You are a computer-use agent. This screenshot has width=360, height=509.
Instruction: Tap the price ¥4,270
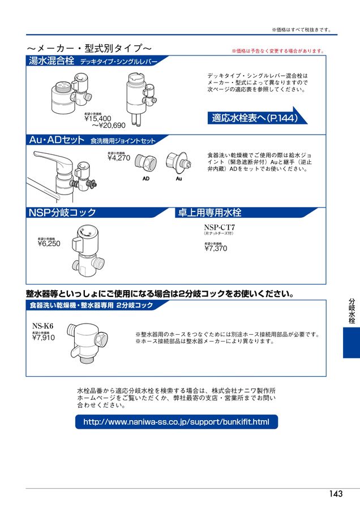(118, 158)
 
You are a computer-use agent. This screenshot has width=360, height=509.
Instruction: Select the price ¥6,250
(49, 244)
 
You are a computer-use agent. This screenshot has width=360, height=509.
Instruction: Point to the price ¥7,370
(216, 248)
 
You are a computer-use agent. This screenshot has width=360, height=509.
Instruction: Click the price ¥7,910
(44, 338)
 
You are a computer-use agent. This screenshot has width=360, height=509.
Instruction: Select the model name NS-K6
(42, 325)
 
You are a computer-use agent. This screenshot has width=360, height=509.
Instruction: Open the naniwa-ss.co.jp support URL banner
(176, 422)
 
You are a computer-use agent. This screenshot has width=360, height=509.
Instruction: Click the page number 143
(336, 494)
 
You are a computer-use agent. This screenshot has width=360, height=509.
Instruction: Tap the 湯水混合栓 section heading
(52, 61)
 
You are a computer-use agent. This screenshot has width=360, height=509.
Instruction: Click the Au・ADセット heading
(57, 140)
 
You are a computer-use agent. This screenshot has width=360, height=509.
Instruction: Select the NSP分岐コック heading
(62, 213)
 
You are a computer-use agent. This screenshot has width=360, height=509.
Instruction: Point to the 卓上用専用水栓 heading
(209, 213)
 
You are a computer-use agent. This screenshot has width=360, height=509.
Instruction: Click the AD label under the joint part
(145, 178)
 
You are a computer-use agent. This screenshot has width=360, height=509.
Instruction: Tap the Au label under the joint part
(179, 178)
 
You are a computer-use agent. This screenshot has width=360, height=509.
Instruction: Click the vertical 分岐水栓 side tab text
(352, 310)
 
